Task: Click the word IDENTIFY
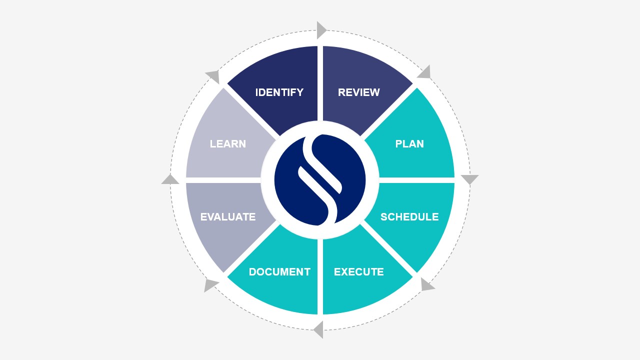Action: (x=279, y=92)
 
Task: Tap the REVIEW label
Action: (x=358, y=92)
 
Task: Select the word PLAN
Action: (x=409, y=144)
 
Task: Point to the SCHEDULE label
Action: (x=409, y=217)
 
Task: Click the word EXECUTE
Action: (x=358, y=272)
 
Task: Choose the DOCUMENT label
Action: (x=279, y=272)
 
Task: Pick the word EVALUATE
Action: (x=228, y=217)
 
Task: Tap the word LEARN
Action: (x=228, y=144)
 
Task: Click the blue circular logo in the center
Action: (x=320, y=180)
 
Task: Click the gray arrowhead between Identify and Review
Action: (x=321, y=30)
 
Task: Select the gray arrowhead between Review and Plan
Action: (x=424, y=72)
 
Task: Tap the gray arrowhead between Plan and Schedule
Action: (x=469, y=179)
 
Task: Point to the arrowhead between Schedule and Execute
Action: (x=426, y=285)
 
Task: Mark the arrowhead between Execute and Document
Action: (x=318, y=329)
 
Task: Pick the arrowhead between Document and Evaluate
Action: (x=210, y=285)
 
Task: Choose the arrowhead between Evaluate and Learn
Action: (x=170, y=179)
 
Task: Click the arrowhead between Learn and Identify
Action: (x=213, y=76)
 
